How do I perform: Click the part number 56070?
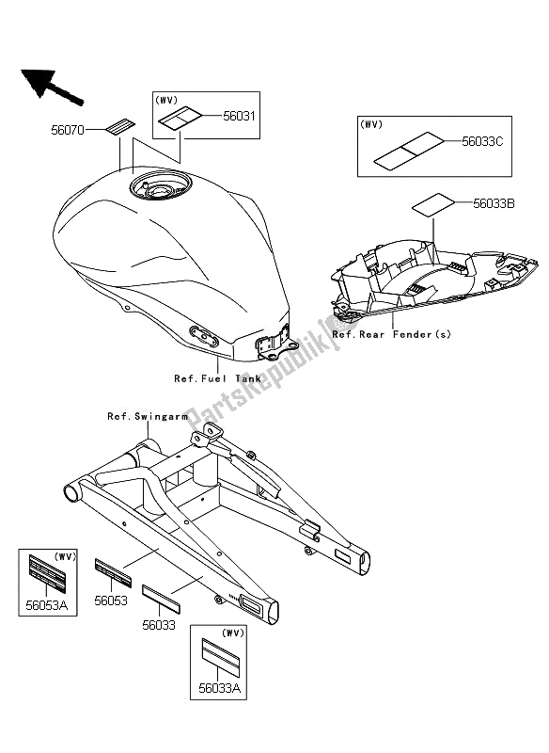tap(67, 130)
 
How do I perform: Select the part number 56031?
tap(240, 116)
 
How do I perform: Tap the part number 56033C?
tap(482, 142)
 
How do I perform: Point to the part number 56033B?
tap(494, 203)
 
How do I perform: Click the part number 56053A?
tap(46, 605)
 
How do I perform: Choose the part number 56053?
tap(111, 601)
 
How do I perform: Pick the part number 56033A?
tap(220, 689)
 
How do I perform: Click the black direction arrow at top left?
tap(51, 87)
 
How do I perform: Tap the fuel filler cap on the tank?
tap(160, 185)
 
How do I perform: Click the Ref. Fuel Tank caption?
tap(218, 378)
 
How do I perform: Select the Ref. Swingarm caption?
tap(148, 416)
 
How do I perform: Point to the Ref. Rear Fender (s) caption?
tap(392, 334)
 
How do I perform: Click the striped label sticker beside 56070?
tap(120, 126)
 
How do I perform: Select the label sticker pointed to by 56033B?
tap(433, 203)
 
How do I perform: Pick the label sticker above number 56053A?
tap(47, 574)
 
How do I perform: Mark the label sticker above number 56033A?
tap(220, 654)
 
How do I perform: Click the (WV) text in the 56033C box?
tap(371, 124)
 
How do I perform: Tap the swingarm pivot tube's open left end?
tap(70, 493)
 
